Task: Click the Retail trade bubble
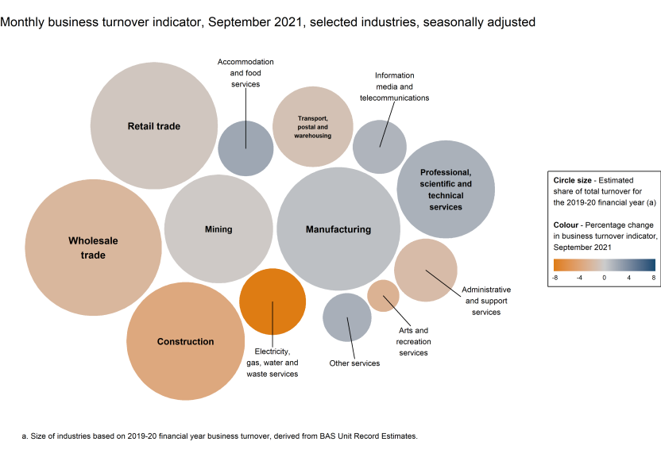(x=153, y=126)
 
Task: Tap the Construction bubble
(x=185, y=342)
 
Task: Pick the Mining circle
(x=218, y=229)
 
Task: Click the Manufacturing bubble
(x=338, y=229)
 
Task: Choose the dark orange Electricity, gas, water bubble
(x=273, y=301)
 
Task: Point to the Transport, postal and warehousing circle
(x=312, y=126)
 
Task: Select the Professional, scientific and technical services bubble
(x=446, y=190)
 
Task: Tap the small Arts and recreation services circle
(x=383, y=295)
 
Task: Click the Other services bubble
(x=347, y=317)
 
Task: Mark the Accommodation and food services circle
(x=245, y=148)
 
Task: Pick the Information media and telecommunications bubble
(x=380, y=147)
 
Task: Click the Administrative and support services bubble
(x=426, y=271)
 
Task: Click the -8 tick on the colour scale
(x=555, y=278)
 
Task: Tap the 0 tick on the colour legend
(x=604, y=278)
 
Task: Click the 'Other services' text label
(x=354, y=363)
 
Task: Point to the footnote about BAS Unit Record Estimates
(x=218, y=436)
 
